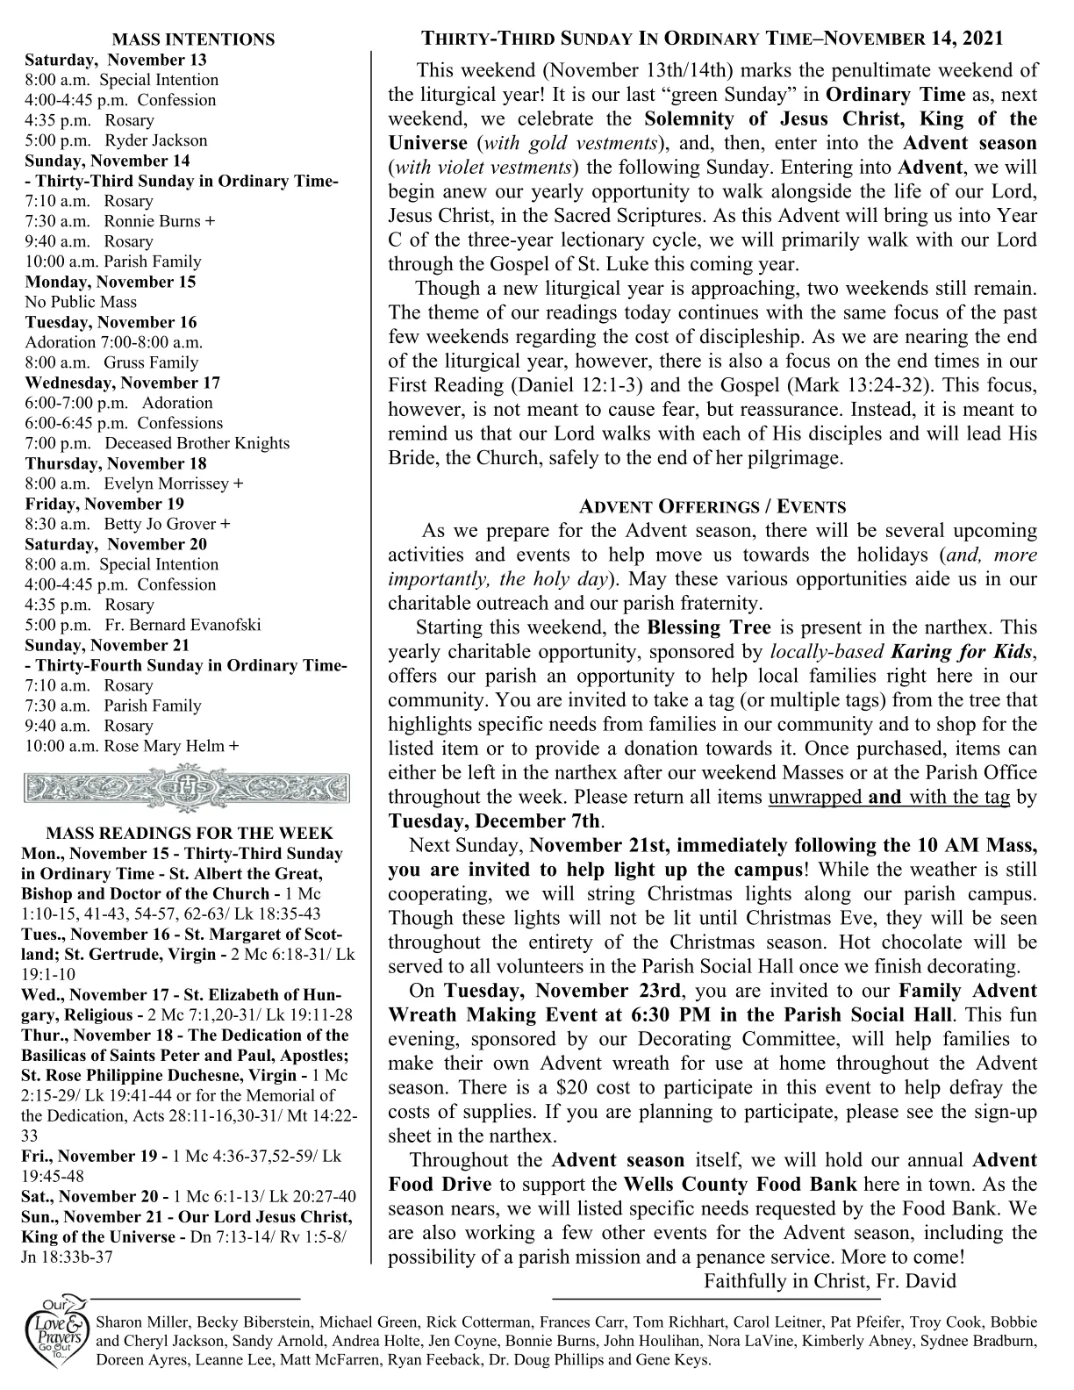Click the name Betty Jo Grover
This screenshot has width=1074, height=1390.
point(161,524)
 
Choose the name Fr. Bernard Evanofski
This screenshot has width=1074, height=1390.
point(183,625)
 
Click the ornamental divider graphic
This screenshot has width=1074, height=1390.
point(187,786)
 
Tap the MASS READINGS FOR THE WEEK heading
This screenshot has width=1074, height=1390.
point(189,833)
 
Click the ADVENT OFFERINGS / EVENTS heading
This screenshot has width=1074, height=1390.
point(712,506)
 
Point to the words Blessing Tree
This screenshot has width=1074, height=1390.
point(709,628)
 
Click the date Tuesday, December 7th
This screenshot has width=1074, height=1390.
point(496,821)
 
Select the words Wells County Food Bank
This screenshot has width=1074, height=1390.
point(731,1185)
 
